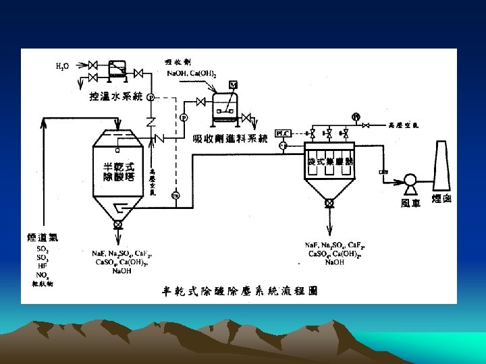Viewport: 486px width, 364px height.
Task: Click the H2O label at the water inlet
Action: pyautogui.click(x=61, y=66)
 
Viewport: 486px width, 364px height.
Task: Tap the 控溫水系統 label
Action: pyautogui.click(x=116, y=98)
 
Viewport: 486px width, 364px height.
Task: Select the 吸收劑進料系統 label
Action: pyautogui.click(x=230, y=140)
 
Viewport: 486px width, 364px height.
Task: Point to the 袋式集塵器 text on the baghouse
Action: pyautogui.click(x=331, y=162)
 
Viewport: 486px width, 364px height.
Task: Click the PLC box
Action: pyautogui.click(x=282, y=133)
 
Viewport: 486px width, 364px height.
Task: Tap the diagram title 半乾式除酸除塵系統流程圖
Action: pyautogui.click(x=240, y=291)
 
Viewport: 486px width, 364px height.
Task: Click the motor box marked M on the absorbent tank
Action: pyautogui.click(x=234, y=84)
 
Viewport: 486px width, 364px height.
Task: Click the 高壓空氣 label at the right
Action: pyautogui.click(x=404, y=125)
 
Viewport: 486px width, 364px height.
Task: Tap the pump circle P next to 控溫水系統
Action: pyautogui.click(x=150, y=98)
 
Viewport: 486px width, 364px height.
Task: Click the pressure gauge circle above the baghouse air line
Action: pyautogui.click(x=356, y=116)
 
